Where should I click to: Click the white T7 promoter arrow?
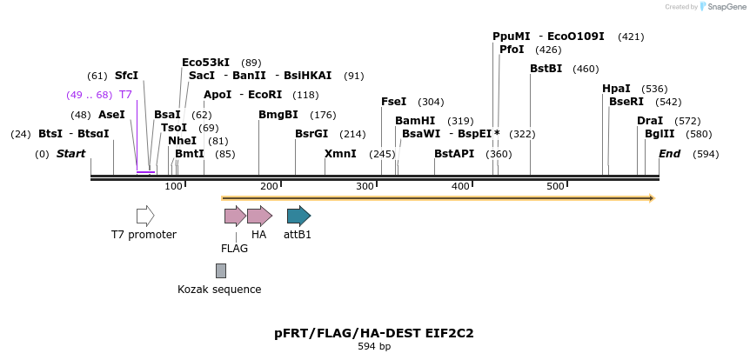pos(145,216)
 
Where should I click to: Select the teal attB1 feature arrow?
pos(298,216)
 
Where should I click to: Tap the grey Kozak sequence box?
pos(221,270)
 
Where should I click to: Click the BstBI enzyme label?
pos(546,69)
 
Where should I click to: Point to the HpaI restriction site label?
pos(616,89)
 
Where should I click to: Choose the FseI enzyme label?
pos(393,102)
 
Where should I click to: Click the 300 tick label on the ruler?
pos(365,187)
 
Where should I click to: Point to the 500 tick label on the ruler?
pos(555,187)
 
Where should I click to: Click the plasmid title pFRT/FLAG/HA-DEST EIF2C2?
pos(374,333)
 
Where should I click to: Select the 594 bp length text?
pos(374,347)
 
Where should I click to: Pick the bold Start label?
pos(71,154)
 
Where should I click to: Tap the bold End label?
pos(670,154)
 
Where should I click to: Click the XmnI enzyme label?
pos(340,154)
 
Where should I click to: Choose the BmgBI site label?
pos(278,115)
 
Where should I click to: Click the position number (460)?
pos(586,69)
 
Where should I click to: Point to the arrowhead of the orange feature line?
pos(649,198)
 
